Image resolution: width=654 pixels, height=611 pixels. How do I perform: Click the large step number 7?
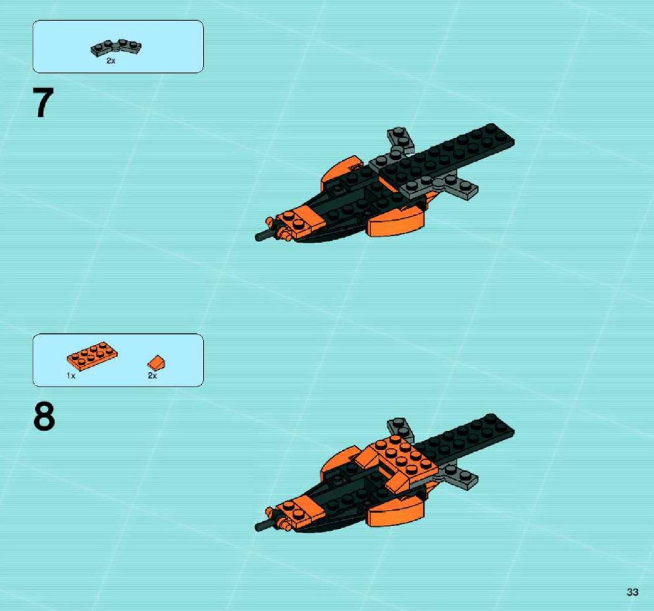pyautogui.click(x=43, y=103)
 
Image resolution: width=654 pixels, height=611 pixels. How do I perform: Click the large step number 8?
pyautogui.click(x=44, y=416)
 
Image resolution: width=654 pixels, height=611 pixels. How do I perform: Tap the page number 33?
pyautogui.click(x=632, y=592)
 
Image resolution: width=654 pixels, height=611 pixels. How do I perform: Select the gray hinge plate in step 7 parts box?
pyautogui.click(x=116, y=48)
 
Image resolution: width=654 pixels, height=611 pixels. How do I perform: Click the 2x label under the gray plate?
pyautogui.click(x=111, y=61)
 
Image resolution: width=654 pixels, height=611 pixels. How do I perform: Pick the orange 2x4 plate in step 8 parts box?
pyautogui.click(x=92, y=356)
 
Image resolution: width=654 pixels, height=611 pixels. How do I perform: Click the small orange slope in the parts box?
pyautogui.click(x=157, y=363)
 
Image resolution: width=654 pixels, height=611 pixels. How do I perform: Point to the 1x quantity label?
pyautogui.click(x=71, y=375)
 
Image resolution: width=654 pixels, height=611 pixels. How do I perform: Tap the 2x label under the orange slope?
pyautogui.click(x=152, y=375)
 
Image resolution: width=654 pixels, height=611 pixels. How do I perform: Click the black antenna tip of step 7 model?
pyautogui.click(x=258, y=237)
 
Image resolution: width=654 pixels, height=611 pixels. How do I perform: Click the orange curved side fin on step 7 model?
pyautogui.click(x=396, y=221)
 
